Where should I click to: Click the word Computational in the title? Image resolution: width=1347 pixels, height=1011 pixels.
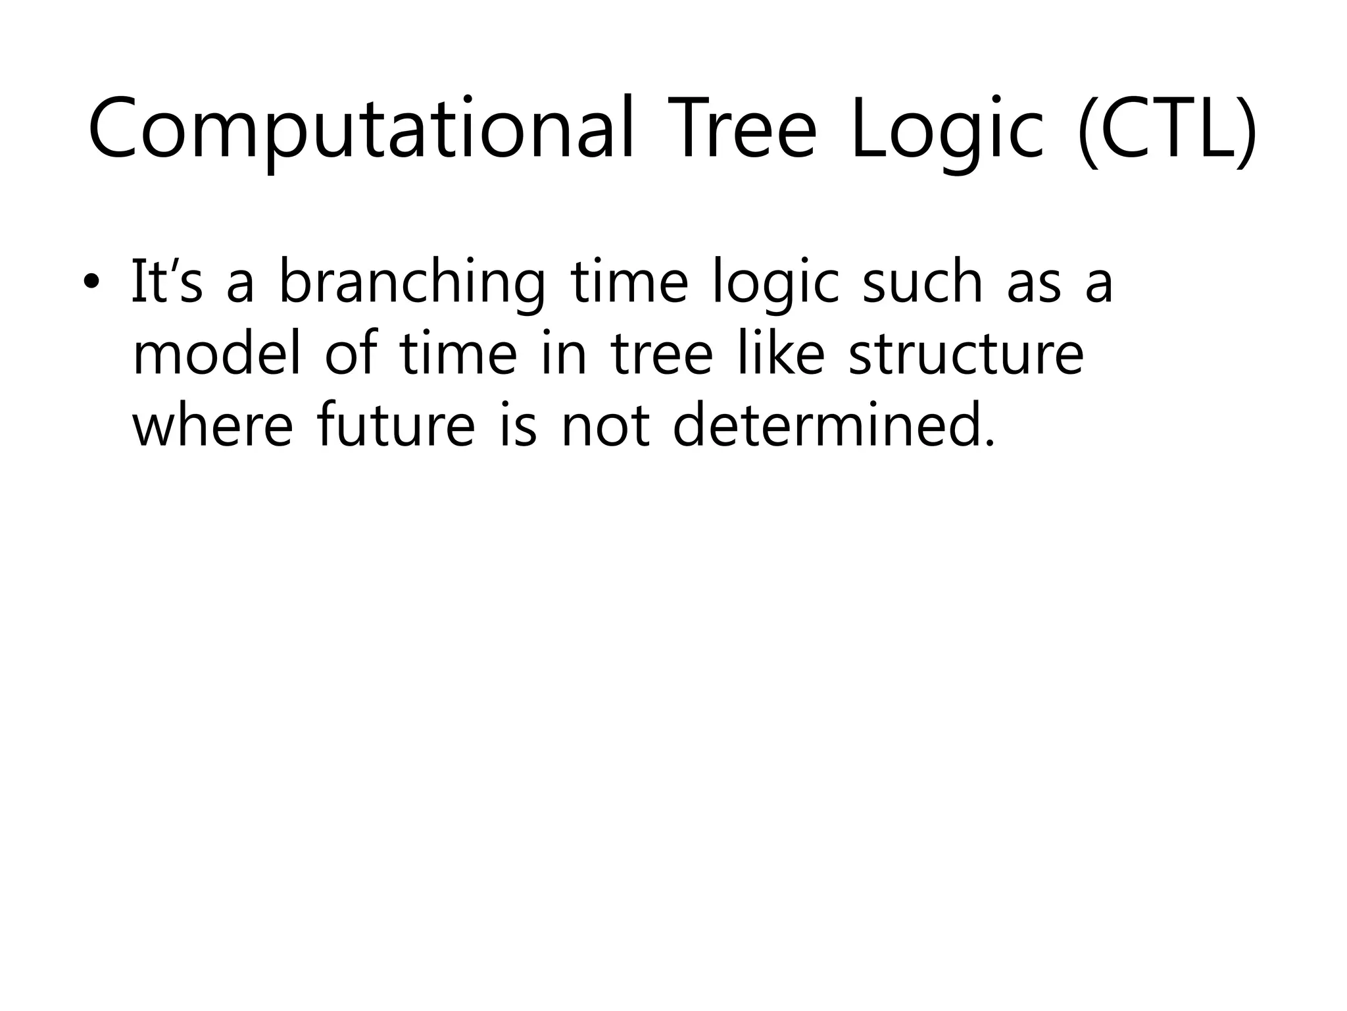(360, 128)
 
